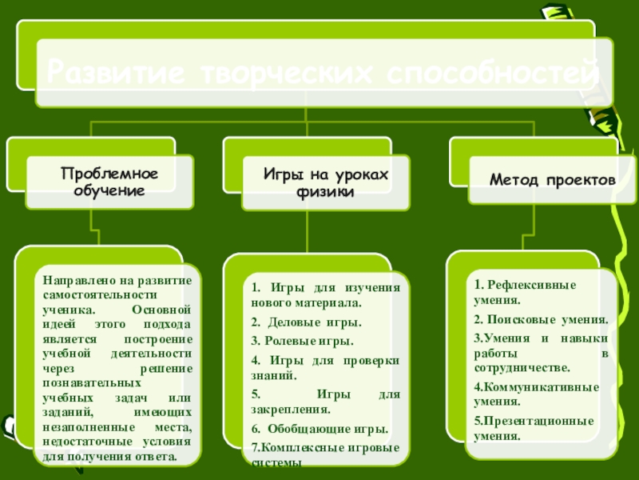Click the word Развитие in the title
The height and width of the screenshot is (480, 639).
[x=113, y=73]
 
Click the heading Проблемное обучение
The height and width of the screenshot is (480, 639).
[x=109, y=182]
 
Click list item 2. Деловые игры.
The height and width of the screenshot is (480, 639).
[x=306, y=322]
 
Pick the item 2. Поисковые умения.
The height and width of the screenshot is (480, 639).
[x=541, y=319]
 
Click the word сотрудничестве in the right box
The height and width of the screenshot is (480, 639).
[x=522, y=368]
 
